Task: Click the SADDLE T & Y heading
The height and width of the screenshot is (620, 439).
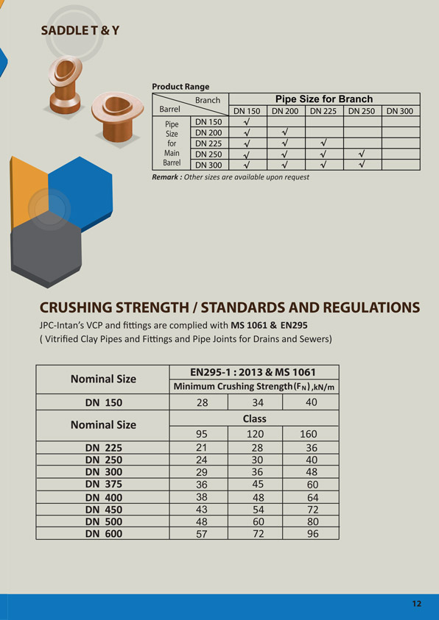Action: coord(80,30)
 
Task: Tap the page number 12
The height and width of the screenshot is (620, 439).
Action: coord(417,604)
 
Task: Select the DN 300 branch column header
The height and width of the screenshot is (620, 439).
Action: coord(400,111)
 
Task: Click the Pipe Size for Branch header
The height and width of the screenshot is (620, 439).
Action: coord(323,99)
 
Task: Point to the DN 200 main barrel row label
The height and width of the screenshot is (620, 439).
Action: coord(208,132)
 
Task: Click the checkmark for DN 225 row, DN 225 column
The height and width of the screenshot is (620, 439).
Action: coord(323,143)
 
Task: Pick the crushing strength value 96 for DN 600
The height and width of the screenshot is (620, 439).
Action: coord(312,534)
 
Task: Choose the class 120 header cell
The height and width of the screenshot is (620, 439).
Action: coord(255,434)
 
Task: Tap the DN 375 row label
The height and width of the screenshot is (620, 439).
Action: coord(103,485)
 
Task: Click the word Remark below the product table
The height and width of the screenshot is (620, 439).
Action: coord(166,177)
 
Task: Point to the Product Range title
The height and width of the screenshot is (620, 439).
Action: coord(180,86)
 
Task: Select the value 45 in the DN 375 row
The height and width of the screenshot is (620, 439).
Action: coord(255,484)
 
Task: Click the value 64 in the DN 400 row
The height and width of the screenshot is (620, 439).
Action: coord(312,497)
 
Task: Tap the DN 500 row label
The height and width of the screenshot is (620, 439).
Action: coord(103,521)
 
